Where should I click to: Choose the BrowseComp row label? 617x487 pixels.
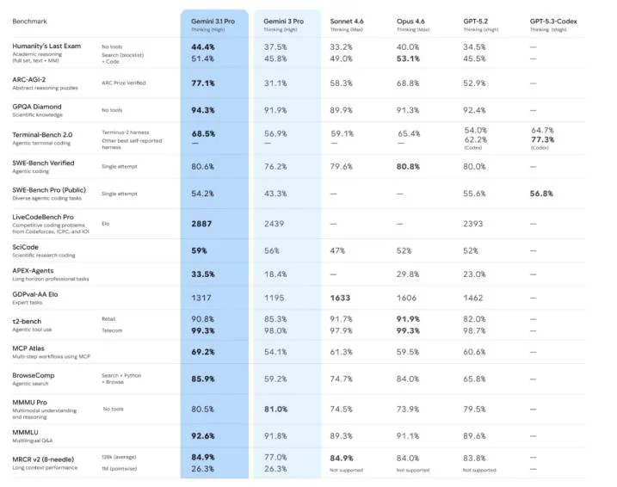coord(36,374)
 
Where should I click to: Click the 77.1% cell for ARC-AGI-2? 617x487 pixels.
coord(203,83)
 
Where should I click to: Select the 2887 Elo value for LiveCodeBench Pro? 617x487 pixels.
coord(202,222)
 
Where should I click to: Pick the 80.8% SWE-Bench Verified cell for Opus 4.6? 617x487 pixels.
coord(409,166)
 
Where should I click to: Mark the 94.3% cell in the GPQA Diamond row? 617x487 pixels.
coord(203,110)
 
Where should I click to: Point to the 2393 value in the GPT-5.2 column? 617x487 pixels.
coord(475,222)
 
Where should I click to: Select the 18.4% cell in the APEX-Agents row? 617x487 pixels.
coord(275,274)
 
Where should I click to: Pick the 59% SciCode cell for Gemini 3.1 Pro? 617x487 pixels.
coord(199,250)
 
